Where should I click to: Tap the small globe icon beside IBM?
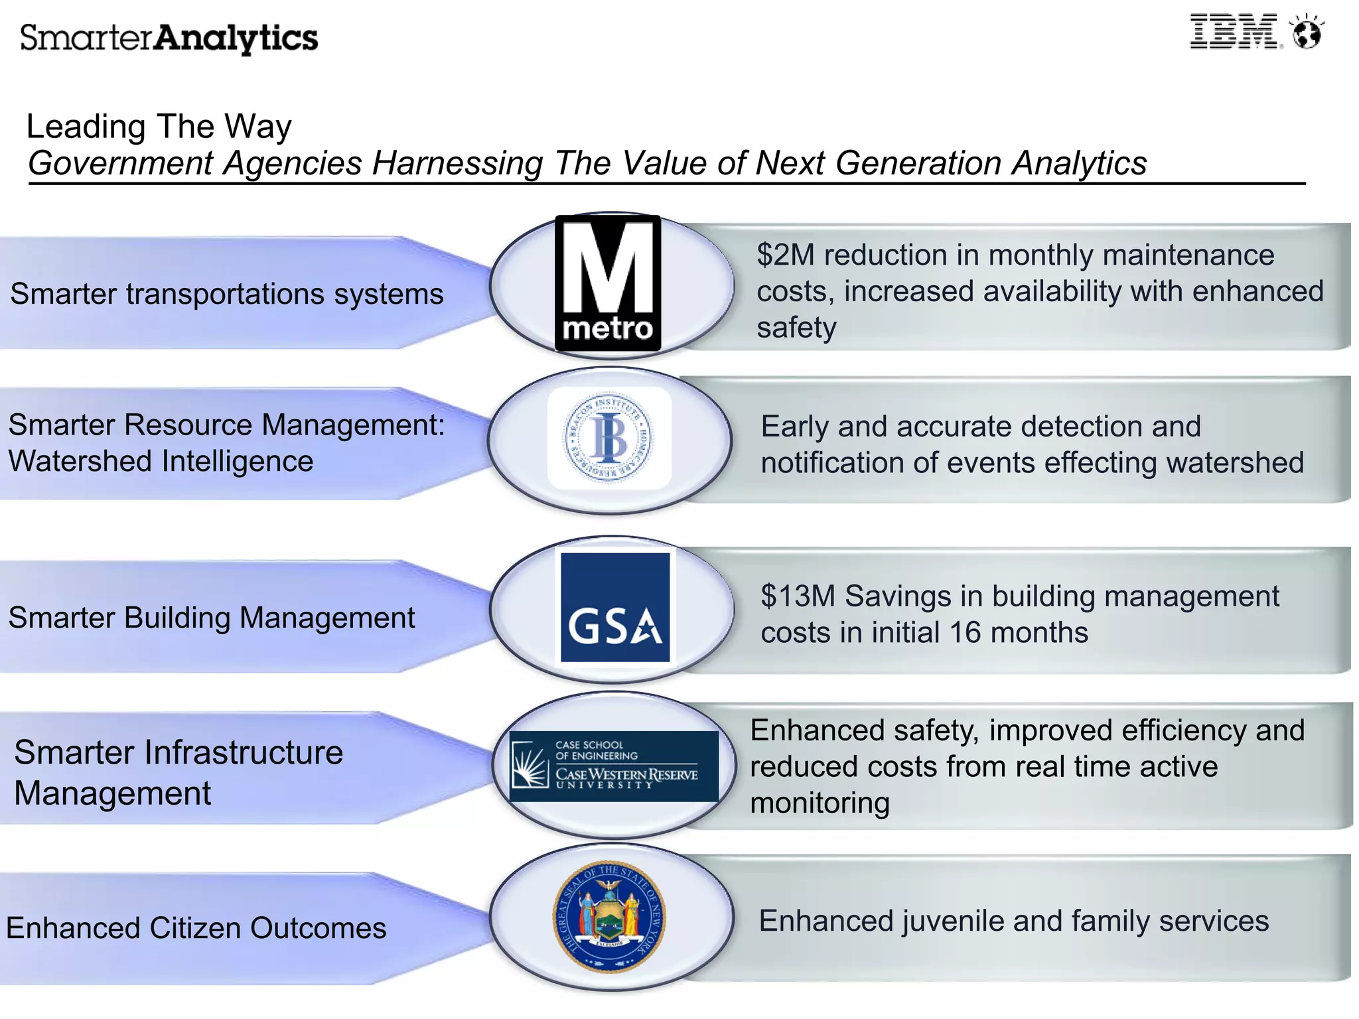click(1307, 33)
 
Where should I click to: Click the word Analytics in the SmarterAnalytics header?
click(236, 38)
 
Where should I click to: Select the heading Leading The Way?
click(159, 126)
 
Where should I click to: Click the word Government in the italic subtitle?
click(121, 163)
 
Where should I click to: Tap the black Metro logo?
click(608, 283)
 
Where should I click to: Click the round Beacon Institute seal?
click(608, 438)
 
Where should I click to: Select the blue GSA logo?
click(615, 607)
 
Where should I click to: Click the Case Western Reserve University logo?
click(614, 766)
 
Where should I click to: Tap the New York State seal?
click(609, 917)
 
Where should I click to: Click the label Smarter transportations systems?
click(227, 294)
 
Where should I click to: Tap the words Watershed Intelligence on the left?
click(161, 461)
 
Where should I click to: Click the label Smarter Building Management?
click(211, 618)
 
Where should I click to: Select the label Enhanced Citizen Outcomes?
click(196, 928)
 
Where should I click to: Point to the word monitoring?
click(820, 803)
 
